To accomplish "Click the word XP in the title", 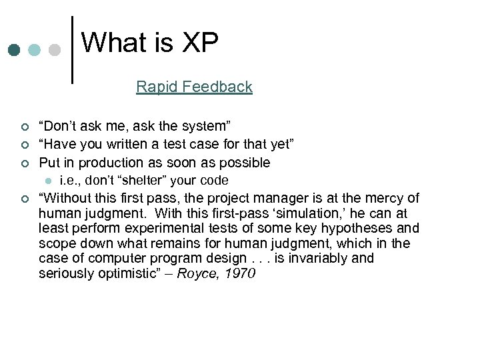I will (x=199, y=43).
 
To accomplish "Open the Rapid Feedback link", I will (x=194, y=87).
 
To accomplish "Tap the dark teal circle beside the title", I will (x=15, y=51).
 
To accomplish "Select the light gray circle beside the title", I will (x=56, y=51).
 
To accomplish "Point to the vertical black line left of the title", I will (x=72, y=50).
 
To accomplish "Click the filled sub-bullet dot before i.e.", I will (x=47, y=181).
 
